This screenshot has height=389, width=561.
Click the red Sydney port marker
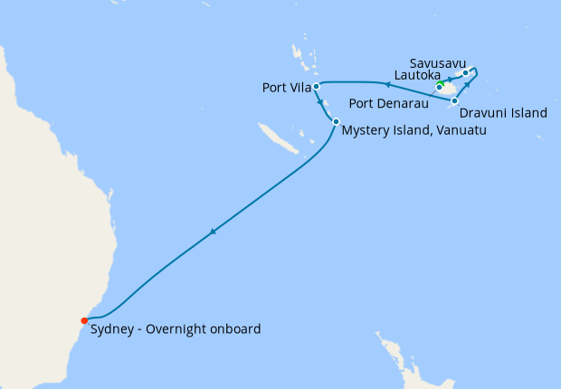click(x=84, y=320)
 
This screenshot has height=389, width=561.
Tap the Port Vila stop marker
click(x=316, y=87)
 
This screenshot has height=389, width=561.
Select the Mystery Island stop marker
click(x=336, y=122)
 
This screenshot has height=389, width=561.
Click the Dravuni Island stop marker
click(x=454, y=100)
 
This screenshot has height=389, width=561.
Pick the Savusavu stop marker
click(x=465, y=73)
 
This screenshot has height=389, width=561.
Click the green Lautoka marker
click(x=440, y=87)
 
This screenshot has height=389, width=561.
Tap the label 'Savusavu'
click(x=438, y=63)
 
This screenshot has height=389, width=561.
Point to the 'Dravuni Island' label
click(x=503, y=114)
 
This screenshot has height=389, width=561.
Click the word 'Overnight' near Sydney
click(x=181, y=329)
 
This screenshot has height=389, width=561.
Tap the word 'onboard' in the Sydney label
click(x=237, y=329)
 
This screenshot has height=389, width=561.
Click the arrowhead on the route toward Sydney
click(x=213, y=232)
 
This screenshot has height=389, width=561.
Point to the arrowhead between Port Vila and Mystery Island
click(x=322, y=102)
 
